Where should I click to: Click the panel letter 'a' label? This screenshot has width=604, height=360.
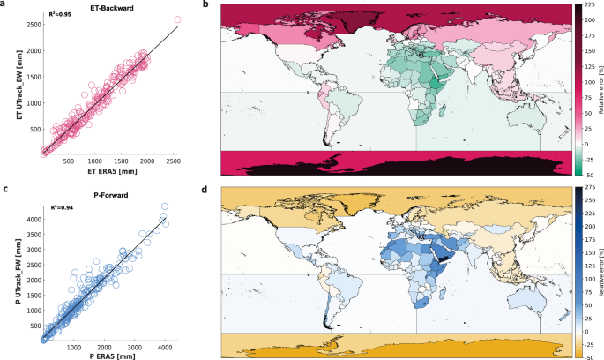[x=5, y=6]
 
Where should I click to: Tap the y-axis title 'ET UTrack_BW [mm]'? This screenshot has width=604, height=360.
[x=8, y=85]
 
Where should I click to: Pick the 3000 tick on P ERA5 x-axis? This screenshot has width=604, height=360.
[x=140, y=342]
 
